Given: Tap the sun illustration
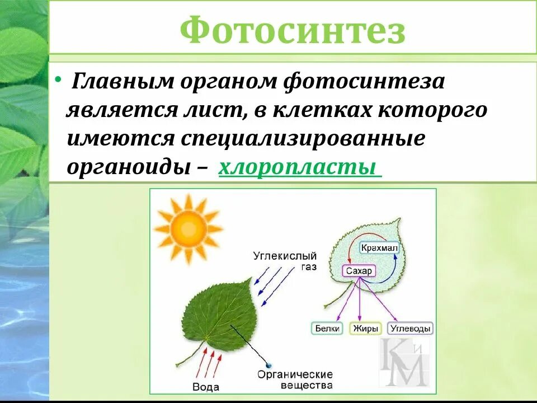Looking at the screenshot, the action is (180, 228).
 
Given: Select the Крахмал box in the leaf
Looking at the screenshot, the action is (379, 247).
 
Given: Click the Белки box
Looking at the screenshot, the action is (327, 329).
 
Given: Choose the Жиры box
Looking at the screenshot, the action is (365, 329).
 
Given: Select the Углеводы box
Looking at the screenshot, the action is (410, 329).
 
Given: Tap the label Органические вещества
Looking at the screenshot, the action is (295, 379).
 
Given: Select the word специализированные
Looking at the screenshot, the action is (302, 138).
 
